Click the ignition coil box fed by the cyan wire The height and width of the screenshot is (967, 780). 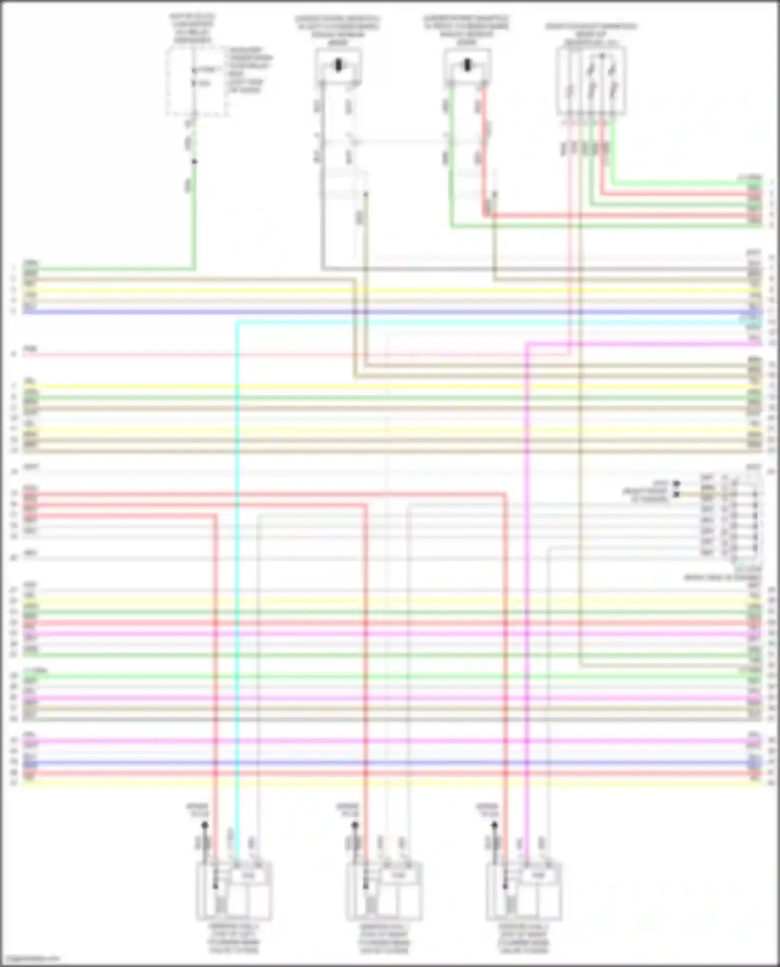(x=234, y=890)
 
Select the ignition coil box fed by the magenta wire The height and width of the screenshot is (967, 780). (x=524, y=890)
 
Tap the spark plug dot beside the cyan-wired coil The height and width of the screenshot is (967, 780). (x=205, y=825)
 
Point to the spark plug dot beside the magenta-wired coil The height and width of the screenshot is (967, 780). (x=495, y=825)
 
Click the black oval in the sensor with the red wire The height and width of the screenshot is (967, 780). (x=466, y=65)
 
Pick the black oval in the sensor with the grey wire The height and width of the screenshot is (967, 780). (x=338, y=65)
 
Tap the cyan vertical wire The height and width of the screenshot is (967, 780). (x=237, y=572)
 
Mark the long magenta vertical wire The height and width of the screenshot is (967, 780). (x=526, y=572)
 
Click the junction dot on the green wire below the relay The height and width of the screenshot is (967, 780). (x=194, y=162)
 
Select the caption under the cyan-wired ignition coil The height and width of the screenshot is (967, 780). (x=234, y=938)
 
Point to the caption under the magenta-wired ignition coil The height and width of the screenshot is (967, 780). (x=524, y=938)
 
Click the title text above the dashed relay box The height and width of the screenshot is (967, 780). (x=192, y=29)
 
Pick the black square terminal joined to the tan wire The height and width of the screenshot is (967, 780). (x=677, y=494)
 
